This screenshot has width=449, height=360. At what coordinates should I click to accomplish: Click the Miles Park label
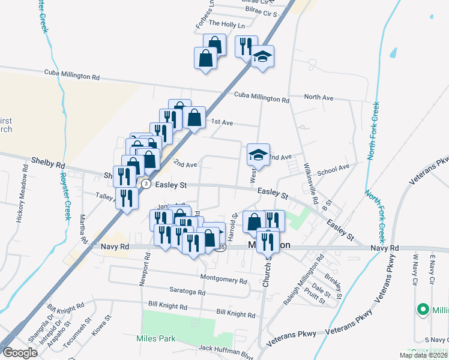(x=155, y=338)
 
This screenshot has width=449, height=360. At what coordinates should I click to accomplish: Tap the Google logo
(x=20, y=352)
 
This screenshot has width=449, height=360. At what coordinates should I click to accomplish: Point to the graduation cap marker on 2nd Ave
(x=258, y=155)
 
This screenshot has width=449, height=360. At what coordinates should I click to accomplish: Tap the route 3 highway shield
(x=146, y=184)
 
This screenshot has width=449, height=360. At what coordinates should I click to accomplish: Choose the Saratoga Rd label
(x=187, y=293)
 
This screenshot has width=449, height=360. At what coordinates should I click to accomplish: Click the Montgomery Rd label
(x=223, y=280)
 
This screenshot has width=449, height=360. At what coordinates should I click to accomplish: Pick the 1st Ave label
(x=221, y=122)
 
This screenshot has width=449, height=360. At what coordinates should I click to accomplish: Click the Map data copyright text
(x=423, y=355)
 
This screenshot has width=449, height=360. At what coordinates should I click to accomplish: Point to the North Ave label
(x=318, y=97)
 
